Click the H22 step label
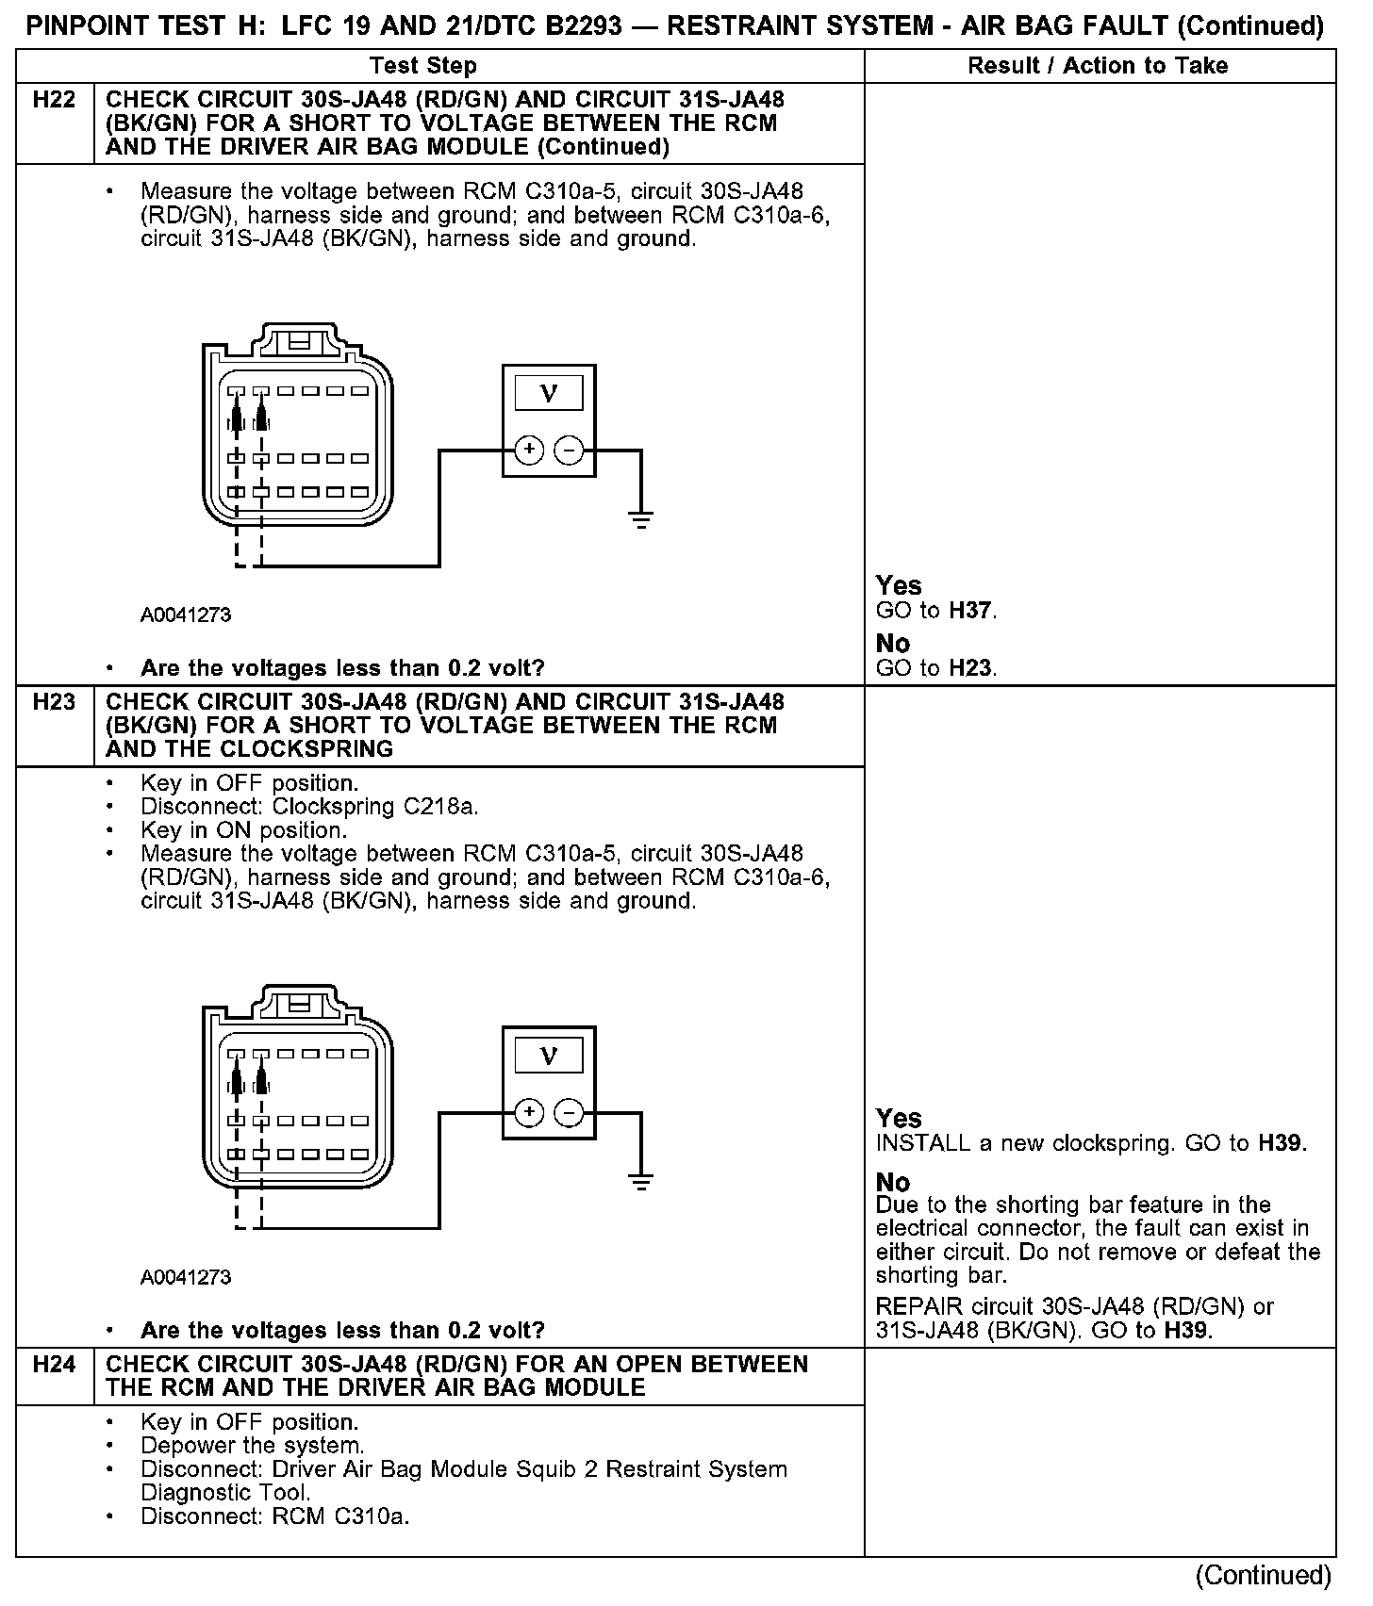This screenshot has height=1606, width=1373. click(54, 100)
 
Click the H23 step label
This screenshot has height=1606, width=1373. click(54, 702)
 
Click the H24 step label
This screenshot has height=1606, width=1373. click(54, 1365)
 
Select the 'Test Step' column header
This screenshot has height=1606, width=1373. click(423, 66)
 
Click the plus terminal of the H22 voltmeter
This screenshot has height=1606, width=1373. click(529, 451)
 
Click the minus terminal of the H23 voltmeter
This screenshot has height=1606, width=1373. click(568, 1113)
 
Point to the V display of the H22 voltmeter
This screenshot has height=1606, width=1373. click(548, 393)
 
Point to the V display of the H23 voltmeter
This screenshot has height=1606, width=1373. click(548, 1056)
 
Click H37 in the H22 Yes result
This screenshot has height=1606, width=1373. click(971, 611)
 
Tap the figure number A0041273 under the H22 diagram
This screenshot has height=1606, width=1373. click(186, 615)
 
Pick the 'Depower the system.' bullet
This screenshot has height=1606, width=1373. click(253, 1446)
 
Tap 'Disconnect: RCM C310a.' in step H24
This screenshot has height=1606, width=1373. click(274, 1516)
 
